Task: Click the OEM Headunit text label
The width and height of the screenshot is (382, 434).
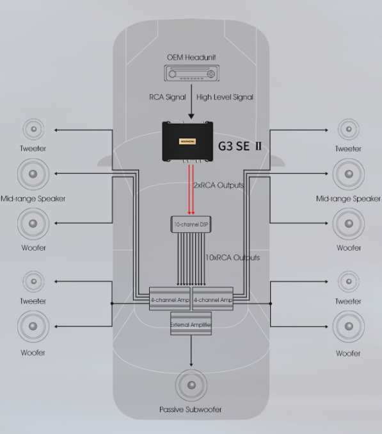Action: (191, 58)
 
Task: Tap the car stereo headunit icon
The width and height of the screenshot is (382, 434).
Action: (192, 73)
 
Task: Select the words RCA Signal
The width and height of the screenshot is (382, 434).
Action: (168, 97)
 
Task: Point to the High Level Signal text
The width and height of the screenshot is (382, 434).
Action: (225, 97)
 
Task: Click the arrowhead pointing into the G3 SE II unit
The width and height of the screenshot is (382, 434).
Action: (191, 116)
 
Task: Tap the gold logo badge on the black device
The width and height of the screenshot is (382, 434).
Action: (187, 142)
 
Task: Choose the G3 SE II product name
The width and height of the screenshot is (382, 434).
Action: (240, 146)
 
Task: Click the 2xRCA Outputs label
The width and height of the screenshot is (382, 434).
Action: (219, 185)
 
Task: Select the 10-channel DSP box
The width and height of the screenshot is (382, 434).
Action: (191, 224)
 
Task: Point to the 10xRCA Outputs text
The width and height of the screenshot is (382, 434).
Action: (232, 258)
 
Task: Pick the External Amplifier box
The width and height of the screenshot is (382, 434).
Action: (191, 324)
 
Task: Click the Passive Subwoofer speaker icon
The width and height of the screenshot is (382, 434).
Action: (191, 385)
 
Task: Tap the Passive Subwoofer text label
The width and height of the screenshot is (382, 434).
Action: (190, 410)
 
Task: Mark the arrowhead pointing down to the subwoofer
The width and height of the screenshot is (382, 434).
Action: (191, 365)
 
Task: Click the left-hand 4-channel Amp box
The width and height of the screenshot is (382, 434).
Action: (170, 299)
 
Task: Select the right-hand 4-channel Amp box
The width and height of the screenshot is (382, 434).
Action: (212, 299)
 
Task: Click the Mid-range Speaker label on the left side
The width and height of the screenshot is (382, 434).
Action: (33, 199)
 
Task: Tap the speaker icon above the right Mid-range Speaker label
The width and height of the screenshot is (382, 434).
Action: (349, 174)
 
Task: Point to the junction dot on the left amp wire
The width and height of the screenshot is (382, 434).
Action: (112, 304)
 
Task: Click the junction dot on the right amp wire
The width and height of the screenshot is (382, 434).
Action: (271, 304)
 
